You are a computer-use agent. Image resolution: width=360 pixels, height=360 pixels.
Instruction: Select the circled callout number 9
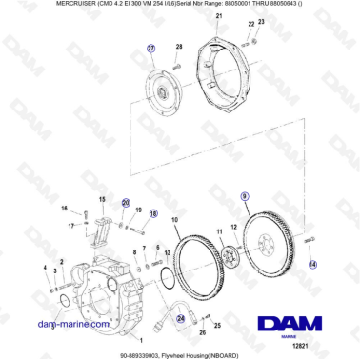pos(245,196)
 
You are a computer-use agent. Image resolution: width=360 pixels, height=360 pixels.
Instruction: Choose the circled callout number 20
pos(125,203)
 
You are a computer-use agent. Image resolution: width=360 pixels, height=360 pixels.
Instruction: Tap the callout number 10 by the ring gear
pos(174,222)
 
